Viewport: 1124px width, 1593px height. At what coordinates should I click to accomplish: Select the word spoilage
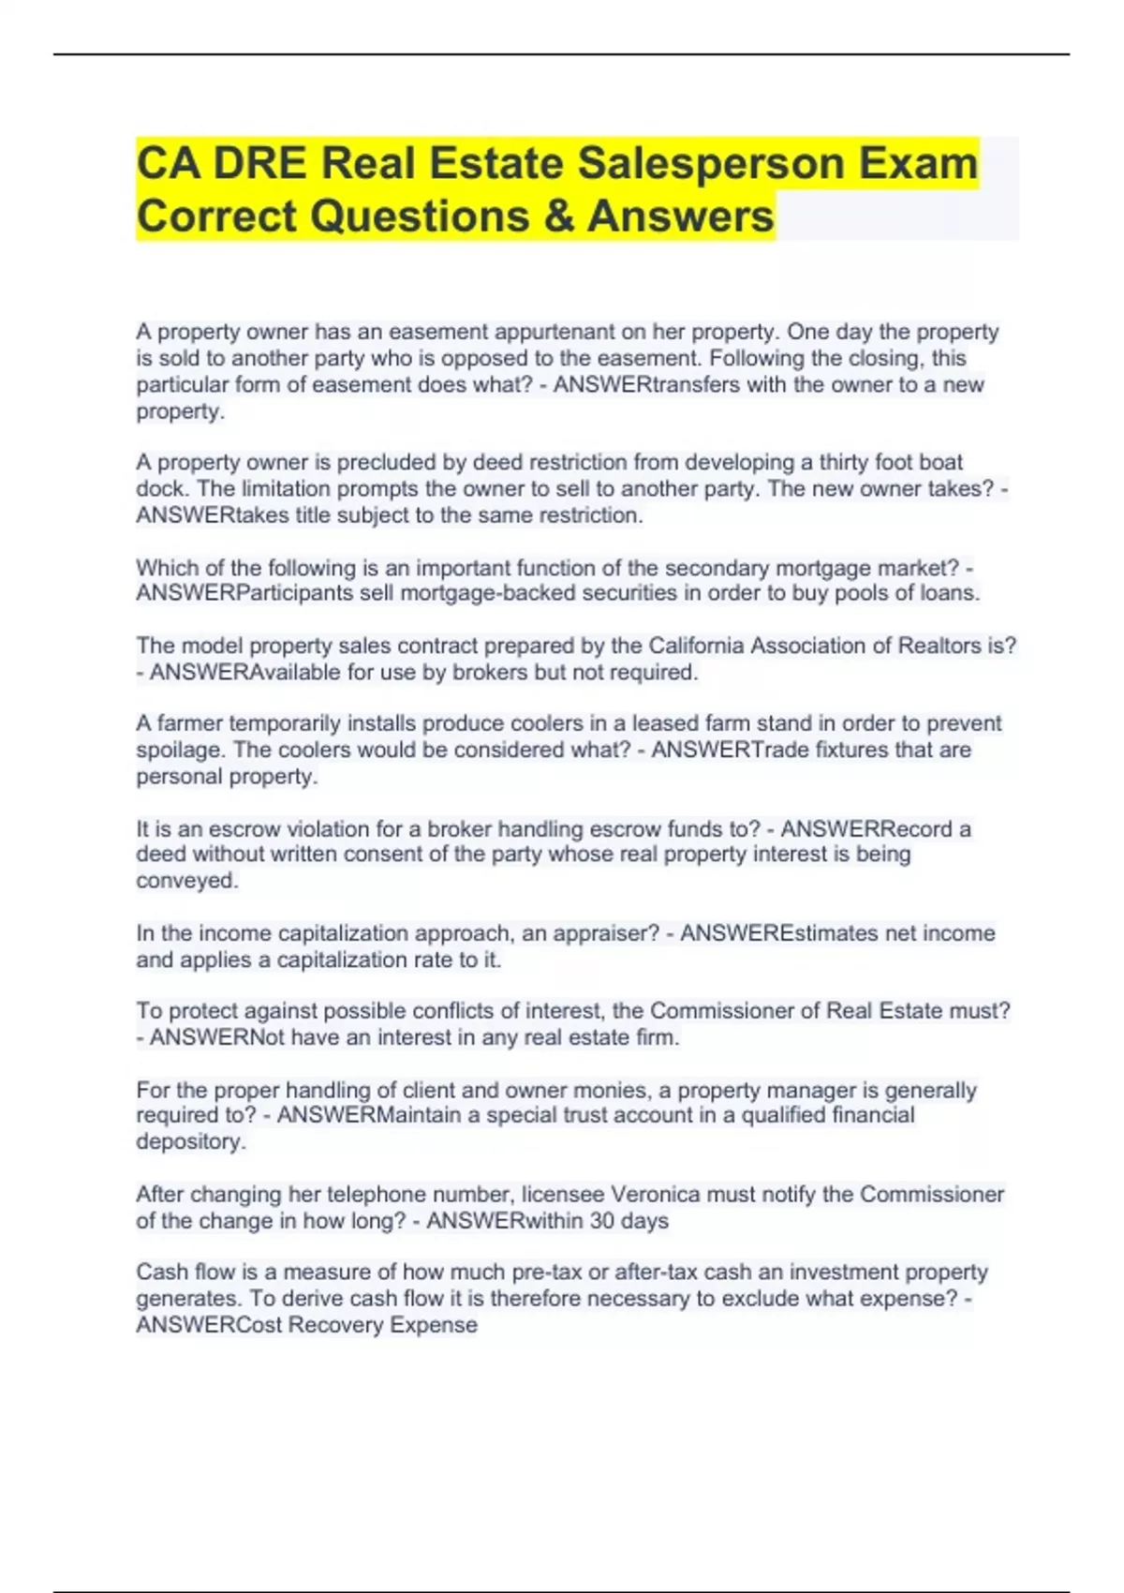(178, 750)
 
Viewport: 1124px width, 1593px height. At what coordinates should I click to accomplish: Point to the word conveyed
(186, 881)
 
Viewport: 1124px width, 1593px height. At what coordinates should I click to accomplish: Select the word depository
(190, 1141)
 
